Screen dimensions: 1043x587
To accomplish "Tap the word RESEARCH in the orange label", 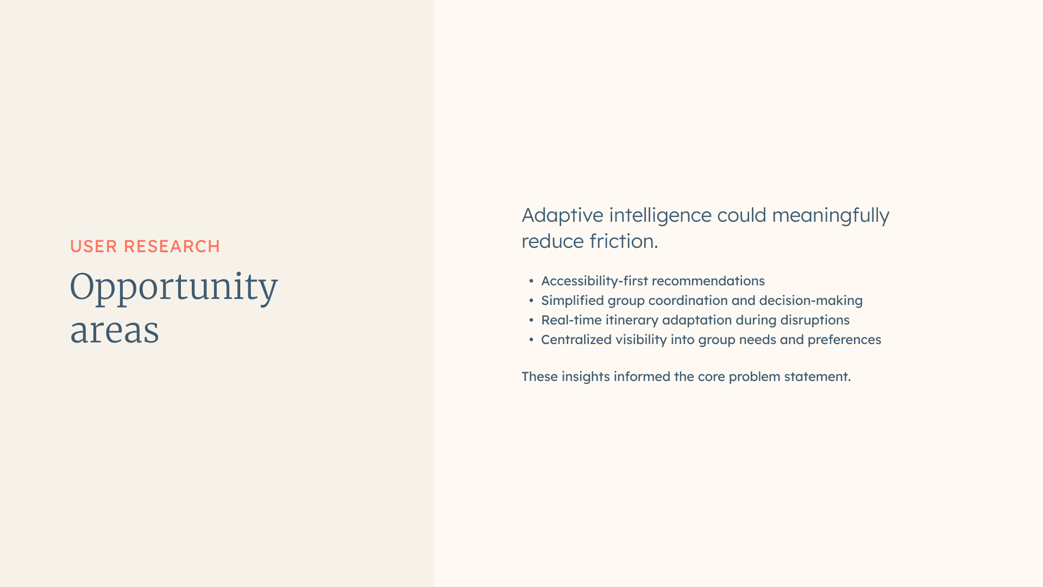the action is tap(172, 246).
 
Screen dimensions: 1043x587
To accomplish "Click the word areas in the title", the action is tap(115, 330).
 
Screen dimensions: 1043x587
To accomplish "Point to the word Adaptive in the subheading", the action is tap(562, 216).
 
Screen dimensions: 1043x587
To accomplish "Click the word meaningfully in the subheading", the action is tap(831, 216).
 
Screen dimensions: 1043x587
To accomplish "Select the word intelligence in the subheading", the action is tap(660, 216).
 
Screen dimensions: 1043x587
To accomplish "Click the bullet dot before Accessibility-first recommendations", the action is tap(531, 281).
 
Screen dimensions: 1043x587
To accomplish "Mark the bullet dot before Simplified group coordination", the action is tap(531, 301).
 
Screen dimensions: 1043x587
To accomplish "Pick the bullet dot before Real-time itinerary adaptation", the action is tap(531, 320).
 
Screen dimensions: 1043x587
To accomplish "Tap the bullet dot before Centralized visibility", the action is tap(531, 340).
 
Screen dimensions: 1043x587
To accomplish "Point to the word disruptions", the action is tap(815, 320).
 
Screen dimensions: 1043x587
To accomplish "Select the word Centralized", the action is tap(576, 340).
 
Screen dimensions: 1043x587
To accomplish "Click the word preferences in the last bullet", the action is tap(844, 340).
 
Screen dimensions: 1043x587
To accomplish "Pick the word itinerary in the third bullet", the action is tap(632, 320).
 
